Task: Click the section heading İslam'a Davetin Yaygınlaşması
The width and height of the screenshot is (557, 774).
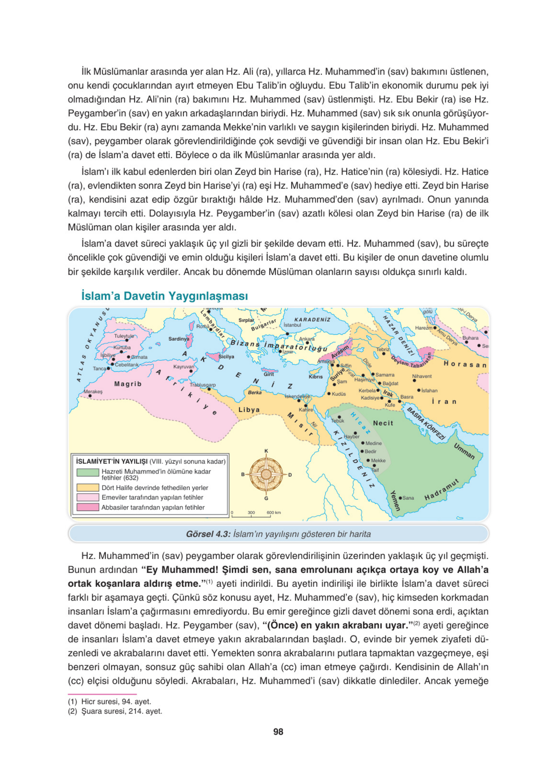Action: pos(164,296)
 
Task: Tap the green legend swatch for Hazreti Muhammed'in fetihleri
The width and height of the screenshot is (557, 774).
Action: pos(88,472)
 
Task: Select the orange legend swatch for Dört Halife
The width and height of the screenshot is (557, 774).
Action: pos(88,487)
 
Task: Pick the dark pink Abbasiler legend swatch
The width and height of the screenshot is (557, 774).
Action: pos(88,507)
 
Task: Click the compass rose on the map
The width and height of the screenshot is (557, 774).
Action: pos(266,474)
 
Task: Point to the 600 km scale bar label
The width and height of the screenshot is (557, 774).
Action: pos(274,512)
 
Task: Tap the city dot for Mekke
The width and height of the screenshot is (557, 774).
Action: pos(368,460)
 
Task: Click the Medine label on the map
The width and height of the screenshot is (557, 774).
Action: pos(373,443)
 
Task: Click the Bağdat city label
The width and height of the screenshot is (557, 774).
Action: pos(390,383)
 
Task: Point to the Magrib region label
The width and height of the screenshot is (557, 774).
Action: pos(128,384)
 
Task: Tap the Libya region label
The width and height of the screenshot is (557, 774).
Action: pos(249,410)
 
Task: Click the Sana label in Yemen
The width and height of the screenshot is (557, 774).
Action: pos(408,498)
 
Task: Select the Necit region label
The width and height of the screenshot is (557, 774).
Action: pos(383,423)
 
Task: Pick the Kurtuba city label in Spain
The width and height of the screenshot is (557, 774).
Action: pos(122,347)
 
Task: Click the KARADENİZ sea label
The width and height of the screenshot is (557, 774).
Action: pos(312,320)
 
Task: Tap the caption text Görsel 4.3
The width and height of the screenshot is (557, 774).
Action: pos(208,534)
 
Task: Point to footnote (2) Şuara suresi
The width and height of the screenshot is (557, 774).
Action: pos(115,711)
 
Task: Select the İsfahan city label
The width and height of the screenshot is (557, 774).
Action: pos(429,391)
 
